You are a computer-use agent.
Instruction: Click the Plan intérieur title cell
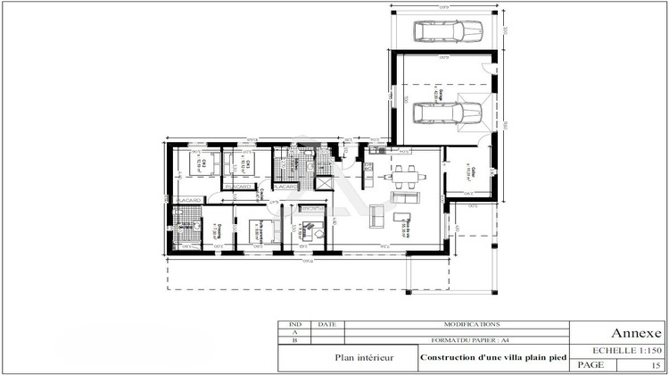tap(348, 357)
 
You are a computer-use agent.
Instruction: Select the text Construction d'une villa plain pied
tap(492, 357)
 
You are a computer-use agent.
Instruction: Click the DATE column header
tap(326, 325)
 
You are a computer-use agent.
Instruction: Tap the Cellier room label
tap(469, 173)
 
